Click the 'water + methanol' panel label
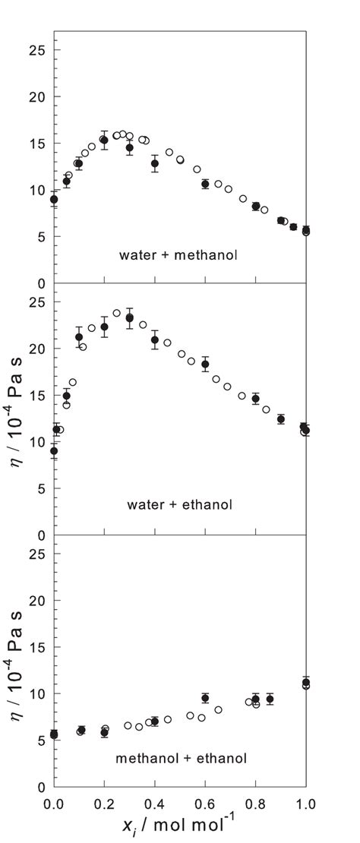point(178,254)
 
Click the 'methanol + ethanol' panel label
point(180,757)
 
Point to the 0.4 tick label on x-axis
point(154,802)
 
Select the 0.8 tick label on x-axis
point(255,802)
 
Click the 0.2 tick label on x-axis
point(104,802)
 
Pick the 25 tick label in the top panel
point(38,50)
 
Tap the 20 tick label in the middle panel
point(38,349)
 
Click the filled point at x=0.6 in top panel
point(205,184)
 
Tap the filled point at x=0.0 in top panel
point(54,200)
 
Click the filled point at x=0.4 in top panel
point(155,163)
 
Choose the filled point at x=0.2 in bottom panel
point(104,733)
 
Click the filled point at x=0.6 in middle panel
point(205,365)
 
